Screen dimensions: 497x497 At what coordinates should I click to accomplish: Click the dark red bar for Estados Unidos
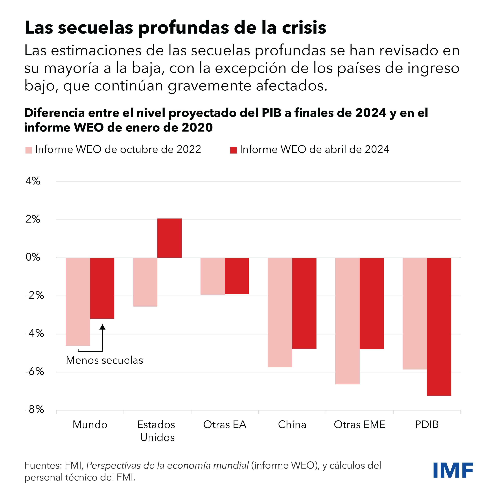[170, 238]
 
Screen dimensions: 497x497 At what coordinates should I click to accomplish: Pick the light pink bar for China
[280, 312]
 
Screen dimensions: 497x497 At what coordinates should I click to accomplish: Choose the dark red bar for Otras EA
[237, 276]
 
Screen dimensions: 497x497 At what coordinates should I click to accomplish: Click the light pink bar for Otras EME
[347, 321]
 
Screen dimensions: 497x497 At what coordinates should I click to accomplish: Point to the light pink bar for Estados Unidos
[145, 282]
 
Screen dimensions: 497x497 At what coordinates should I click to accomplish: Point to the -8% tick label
[35, 409]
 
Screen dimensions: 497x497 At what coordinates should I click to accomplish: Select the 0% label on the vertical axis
[33, 257]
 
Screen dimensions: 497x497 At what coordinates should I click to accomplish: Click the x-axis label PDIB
[427, 425]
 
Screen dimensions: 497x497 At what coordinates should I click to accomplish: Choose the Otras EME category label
[359, 425]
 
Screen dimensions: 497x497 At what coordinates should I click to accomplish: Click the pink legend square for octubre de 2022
[29, 150]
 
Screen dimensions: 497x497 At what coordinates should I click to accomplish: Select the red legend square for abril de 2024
[233, 150]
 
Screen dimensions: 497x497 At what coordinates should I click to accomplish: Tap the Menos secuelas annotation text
[104, 360]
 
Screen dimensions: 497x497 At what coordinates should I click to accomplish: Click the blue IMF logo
[453, 470]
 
